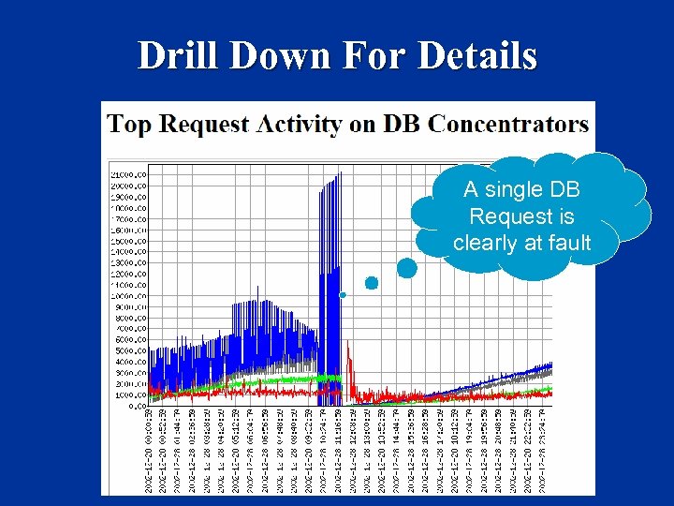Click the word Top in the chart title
126,124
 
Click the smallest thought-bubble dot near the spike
343,295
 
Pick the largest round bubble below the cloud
407,268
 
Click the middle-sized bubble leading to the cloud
372,282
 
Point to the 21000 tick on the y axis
128,174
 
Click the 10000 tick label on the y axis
128,295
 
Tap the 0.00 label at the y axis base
136,406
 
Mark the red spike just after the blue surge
348,361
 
